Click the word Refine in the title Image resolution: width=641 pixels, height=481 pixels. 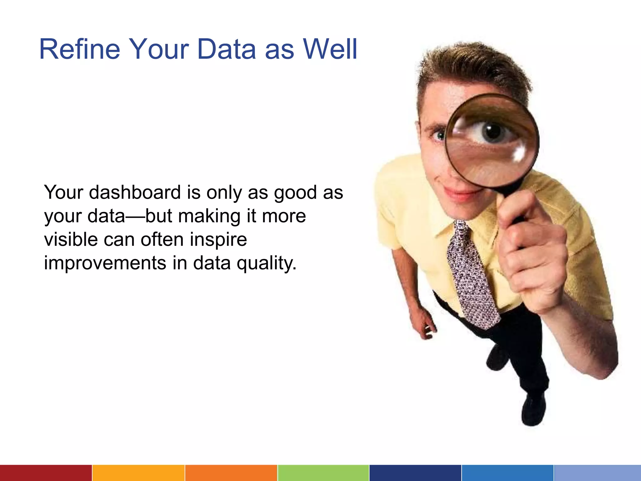pyautogui.click(x=79, y=49)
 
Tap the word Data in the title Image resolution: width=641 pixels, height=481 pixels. pyautogui.click(x=226, y=49)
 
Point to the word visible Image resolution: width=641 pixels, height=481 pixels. pyautogui.click(x=70, y=240)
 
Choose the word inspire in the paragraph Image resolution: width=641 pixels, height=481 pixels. pyautogui.click(x=218, y=240)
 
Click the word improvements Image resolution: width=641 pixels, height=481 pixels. pyautogui.click(x=105, y=263)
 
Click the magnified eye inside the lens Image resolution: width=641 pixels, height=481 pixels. pyautogui.click(x=492, y=132)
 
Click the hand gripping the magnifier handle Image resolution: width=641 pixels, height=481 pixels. pyautogui.click(x=532, y=251)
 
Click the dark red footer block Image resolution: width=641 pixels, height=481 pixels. pyautogui.click(x=46, y=473)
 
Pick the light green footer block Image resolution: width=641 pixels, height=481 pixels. pyautogui.click(x=323, y=473)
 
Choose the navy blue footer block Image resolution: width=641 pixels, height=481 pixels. pyautogui.click(x=415, y=473)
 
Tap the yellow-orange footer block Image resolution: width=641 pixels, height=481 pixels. pyautogui.click(x=138, y=473)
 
